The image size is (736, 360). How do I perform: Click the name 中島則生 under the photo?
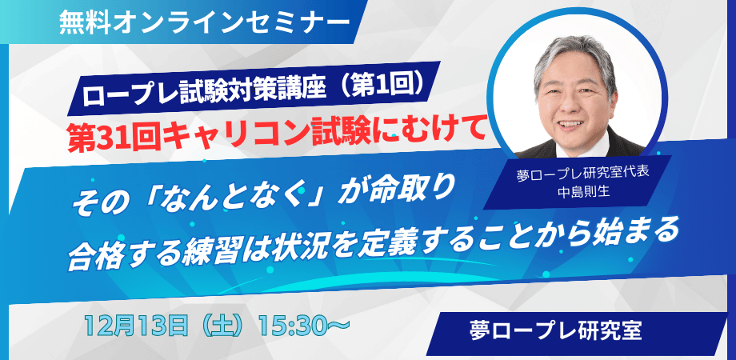pyautogui.click(x=582, y=192)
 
